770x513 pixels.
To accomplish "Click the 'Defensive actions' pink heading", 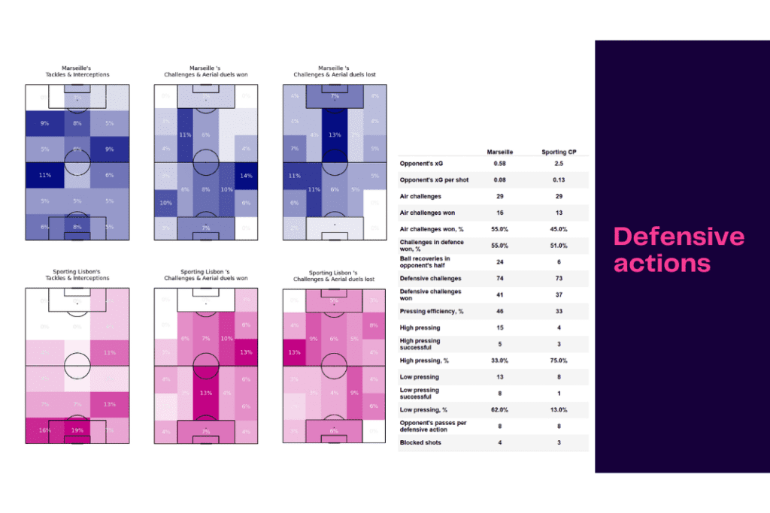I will [x=679, y=250].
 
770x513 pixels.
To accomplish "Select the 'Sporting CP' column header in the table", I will [x=559, y=152].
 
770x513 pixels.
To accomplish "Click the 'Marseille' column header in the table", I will [x=501, y=152].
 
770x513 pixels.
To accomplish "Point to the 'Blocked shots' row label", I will [x=420, y=442].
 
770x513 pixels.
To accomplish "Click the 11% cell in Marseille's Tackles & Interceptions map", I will [x=44, y=175].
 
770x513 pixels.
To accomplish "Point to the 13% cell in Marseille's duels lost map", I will [x=335, y=135].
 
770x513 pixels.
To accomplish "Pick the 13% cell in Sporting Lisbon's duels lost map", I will [x=294, y=352].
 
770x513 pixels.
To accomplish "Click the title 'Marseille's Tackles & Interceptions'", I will [x=77, y=71].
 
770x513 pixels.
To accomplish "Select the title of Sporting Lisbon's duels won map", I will [x=205, y=275].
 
